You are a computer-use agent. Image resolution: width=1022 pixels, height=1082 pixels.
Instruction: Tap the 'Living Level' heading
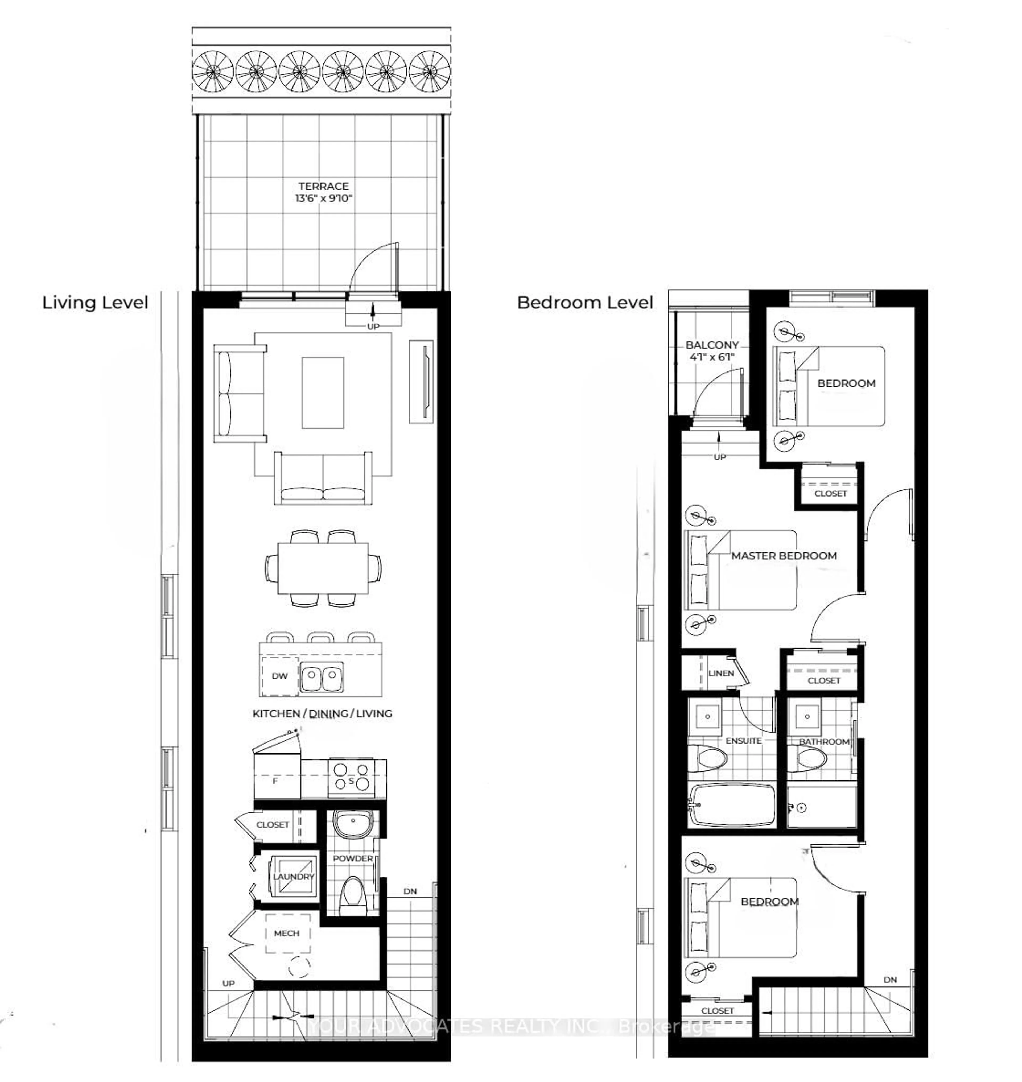pos(95,303)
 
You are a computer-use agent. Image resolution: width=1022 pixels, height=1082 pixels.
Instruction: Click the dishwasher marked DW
pos(279,676)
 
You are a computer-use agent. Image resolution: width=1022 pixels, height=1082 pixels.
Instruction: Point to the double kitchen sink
pos(322,677)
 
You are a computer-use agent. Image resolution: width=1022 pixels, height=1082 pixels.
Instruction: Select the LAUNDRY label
pos(294,877)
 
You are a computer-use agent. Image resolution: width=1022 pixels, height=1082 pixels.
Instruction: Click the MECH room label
pos(287,933)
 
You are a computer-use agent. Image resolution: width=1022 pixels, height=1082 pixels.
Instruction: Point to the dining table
pos(323,568)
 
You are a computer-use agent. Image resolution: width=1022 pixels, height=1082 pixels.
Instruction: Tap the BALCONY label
pos(712,345)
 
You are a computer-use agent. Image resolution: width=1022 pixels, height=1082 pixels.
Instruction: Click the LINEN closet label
pos(721,674)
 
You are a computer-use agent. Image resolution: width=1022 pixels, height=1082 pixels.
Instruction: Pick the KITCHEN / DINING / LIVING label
pos(322,714)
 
